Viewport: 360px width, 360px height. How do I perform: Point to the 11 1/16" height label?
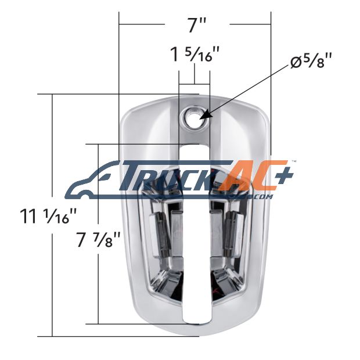click(x=48, y=216)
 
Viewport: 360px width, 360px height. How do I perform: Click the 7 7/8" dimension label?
click(x=98, y=240)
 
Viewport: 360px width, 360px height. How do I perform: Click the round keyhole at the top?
click(x=194, y=117)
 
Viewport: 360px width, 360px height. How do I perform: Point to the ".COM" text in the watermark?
click(x=264, y=197)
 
